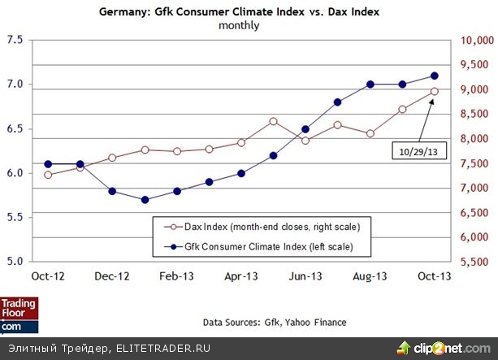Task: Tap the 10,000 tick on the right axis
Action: click(x=477, y=41)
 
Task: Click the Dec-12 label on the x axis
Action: click(x=112, y=276)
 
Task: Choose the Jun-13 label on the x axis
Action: click(x=305, y=276)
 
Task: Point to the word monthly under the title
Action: click(x=240, y=25)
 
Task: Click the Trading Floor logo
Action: click(x=19, y=314)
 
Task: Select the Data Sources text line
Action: click(x=275, y=323)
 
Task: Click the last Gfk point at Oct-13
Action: click(x=435, y=76)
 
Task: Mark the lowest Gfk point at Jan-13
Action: click(x=145, y=199)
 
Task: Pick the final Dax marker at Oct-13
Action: click(x=435, y=91)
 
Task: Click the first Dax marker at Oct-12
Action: click(x=48, y=175)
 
